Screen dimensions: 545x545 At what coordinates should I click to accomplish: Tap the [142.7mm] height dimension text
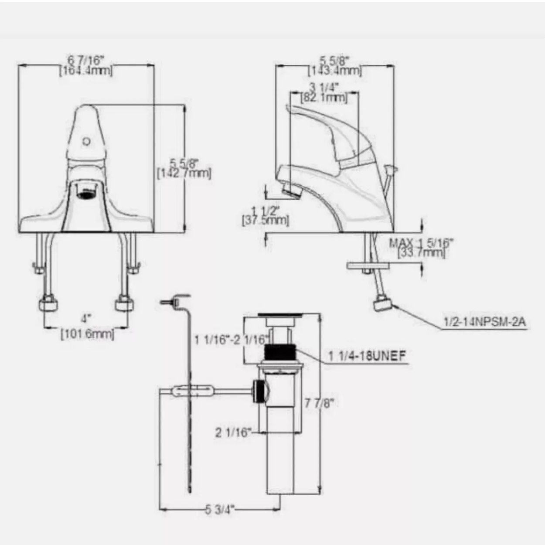tap(184, 174)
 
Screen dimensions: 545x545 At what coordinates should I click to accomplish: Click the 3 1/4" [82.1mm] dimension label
tap(324, 92)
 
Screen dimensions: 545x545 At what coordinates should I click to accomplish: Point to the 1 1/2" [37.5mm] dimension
tap(265, 215)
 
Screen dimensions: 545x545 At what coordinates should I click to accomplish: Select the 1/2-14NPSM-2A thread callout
tap(484, 322)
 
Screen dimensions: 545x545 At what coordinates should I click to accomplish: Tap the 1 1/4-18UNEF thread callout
tap(367, 356)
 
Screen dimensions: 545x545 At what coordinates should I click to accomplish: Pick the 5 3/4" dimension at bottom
tap(220, 509)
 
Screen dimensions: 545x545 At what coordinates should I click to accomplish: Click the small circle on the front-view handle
tap(86, 141)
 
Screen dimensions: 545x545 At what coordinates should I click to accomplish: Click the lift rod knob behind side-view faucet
tap(390, 168)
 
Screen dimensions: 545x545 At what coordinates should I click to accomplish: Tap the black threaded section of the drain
tap(280, 352)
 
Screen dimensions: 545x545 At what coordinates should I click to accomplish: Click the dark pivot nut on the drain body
tap(259, 391)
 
